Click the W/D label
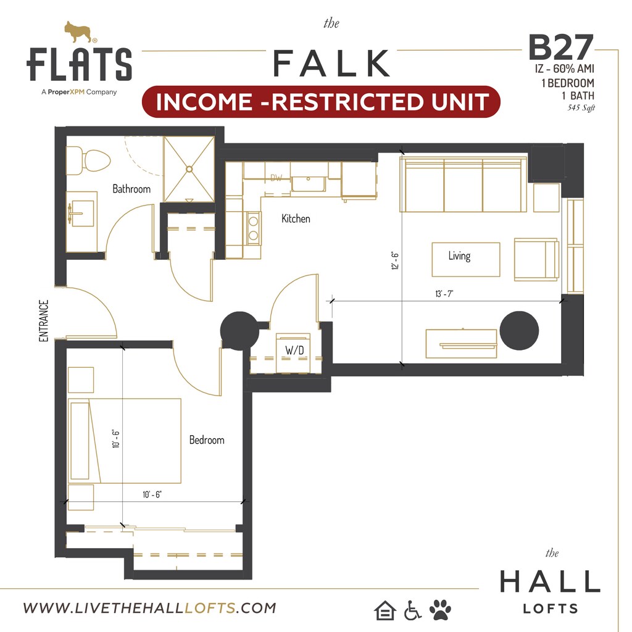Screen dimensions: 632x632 (293, 350)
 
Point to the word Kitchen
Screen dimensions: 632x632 (296, 218)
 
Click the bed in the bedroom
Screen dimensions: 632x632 (125, 440)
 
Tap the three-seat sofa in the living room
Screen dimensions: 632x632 (464, 185)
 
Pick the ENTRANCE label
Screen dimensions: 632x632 (44, 321)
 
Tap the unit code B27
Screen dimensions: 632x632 (560, 48)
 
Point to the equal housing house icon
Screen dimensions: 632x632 (385, 610)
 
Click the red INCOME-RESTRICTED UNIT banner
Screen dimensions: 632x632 (321, 102)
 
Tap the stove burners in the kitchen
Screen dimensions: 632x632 (253, 227)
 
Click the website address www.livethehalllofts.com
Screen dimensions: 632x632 (149, 608)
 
